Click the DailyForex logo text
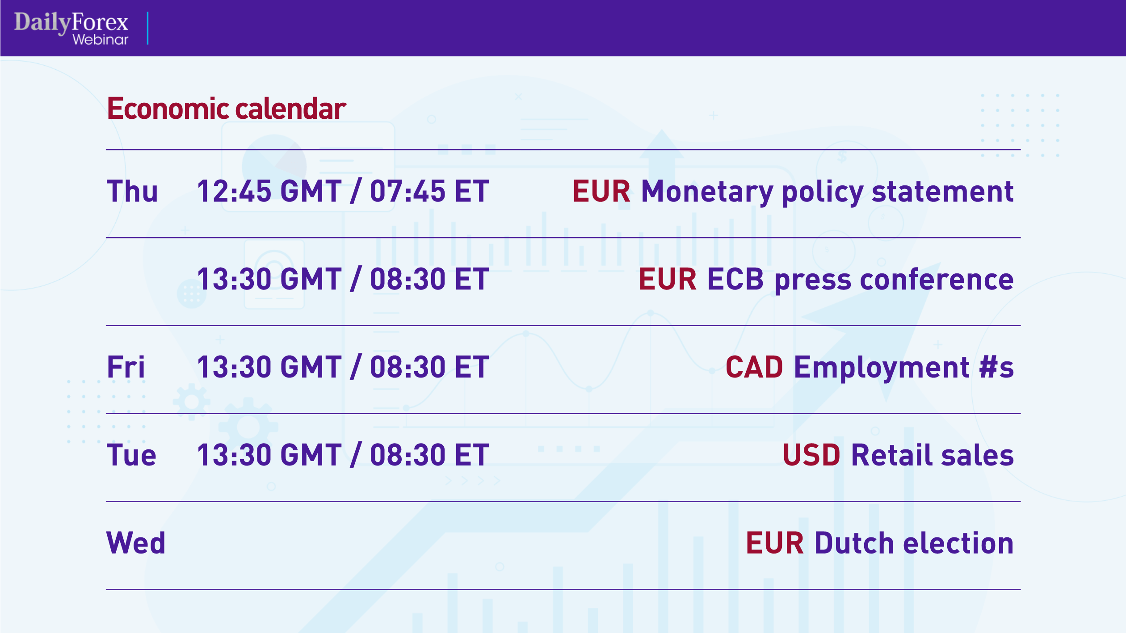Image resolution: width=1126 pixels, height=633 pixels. click(x=71, y=22)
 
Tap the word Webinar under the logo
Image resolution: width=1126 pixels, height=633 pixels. click(x=100, y=40)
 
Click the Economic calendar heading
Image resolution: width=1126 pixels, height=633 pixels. click(x=227, y=109)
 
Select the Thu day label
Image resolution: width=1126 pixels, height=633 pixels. click(x=132, y=191)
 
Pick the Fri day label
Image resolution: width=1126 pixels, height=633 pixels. click(x=126, y=367)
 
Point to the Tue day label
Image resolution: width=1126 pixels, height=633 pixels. click(x=131, y=455)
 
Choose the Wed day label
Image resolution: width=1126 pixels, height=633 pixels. click(x=136, y=543)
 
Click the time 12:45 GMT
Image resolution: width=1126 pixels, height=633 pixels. click(x=269, y=191)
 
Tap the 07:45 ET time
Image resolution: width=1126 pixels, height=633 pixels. click(x=429, y=191)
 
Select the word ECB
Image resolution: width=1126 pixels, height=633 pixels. click(x=735, y=280)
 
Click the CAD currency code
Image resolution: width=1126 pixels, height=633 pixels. click(x=754, y=367)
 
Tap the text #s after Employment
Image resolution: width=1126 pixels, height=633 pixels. click(x=996, y=367)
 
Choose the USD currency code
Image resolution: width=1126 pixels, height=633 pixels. click(x=811, y=455)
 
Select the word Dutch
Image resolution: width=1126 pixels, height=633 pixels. click(x=854, y=543)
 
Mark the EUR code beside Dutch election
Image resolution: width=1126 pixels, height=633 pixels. click(x=775, y=543)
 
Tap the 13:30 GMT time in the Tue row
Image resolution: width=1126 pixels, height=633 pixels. click(x=269, y=455)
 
